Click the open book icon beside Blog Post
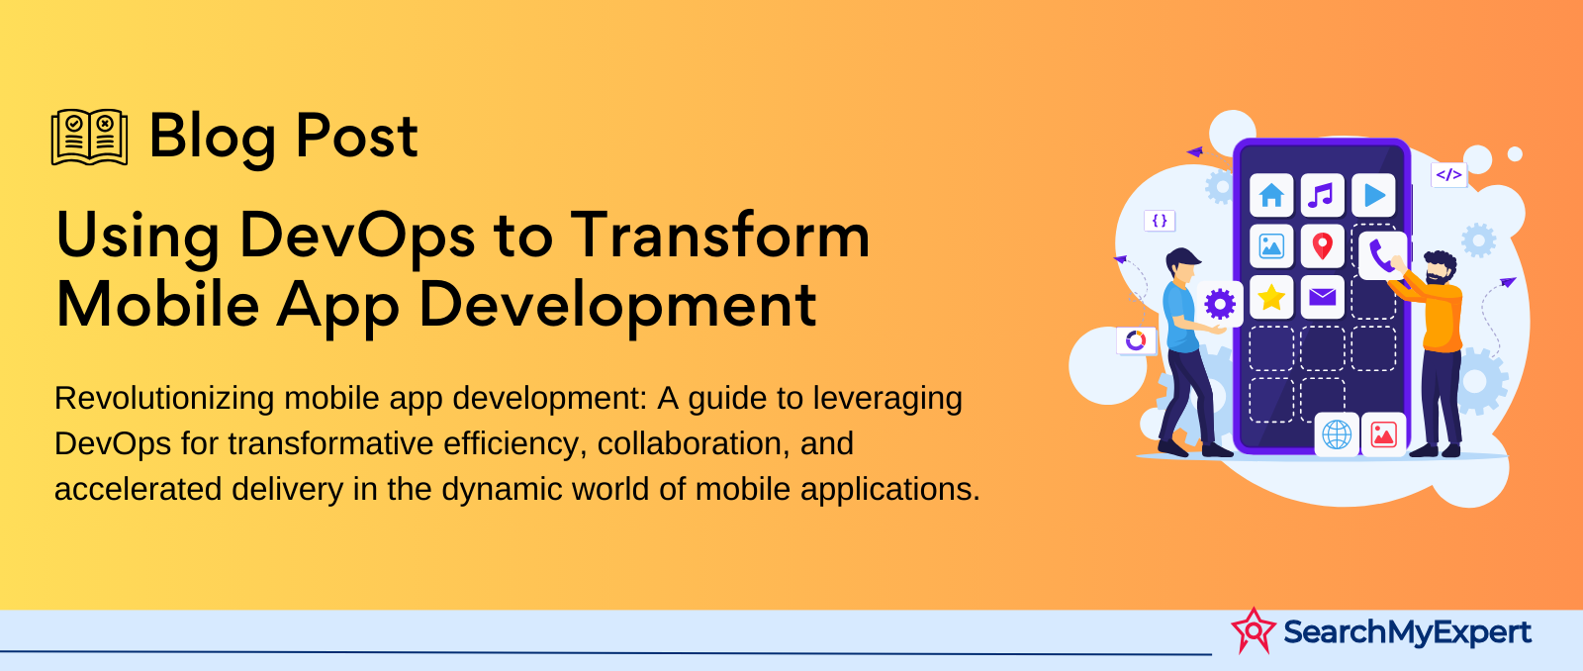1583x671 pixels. click(x=90, y=138)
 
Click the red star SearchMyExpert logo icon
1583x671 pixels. click(x=1254, y=630)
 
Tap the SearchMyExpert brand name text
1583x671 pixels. click(x=1407, y=632)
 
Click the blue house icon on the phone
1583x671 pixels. click(x=1271, y=195)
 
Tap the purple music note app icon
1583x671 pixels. click(x=1322, y=195)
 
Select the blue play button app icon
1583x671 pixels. click(x=1373, y=195)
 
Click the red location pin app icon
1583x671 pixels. click(x=1322, y=246)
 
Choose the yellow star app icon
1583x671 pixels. click(x=1271, y=297)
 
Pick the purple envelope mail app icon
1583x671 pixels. click(x=1322, y=297)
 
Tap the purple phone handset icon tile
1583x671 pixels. click(x=1381, y=256)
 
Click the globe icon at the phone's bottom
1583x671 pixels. click(x=1337, y=434)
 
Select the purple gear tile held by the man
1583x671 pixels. click(x=1220, y=305)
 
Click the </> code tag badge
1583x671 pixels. click(x=1448, y=174)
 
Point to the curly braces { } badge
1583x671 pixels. click(x=1160, y=221)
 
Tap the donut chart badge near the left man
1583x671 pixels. click(x=1136, y=340)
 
